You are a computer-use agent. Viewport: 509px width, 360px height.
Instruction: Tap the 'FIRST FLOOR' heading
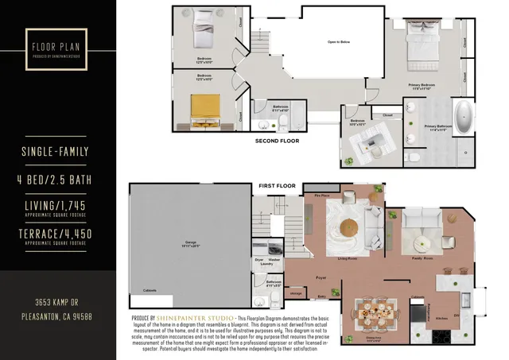coord(277,186)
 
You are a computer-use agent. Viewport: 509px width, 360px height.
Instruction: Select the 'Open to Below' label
coord(340,41)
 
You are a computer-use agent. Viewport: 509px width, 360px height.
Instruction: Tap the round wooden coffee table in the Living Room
coord(349,227)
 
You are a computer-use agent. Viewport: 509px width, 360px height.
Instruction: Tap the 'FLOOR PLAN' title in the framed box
coord(58,45)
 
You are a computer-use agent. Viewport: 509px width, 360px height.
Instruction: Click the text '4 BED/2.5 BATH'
coord(58,180)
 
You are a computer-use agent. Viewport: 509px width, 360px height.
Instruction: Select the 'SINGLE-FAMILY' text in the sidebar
coord(58,150)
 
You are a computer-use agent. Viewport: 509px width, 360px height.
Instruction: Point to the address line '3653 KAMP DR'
coord(58,303)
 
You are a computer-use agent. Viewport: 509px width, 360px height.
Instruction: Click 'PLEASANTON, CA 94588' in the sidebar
coord(58,317)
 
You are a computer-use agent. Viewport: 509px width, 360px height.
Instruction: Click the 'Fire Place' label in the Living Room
coord(322,194)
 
